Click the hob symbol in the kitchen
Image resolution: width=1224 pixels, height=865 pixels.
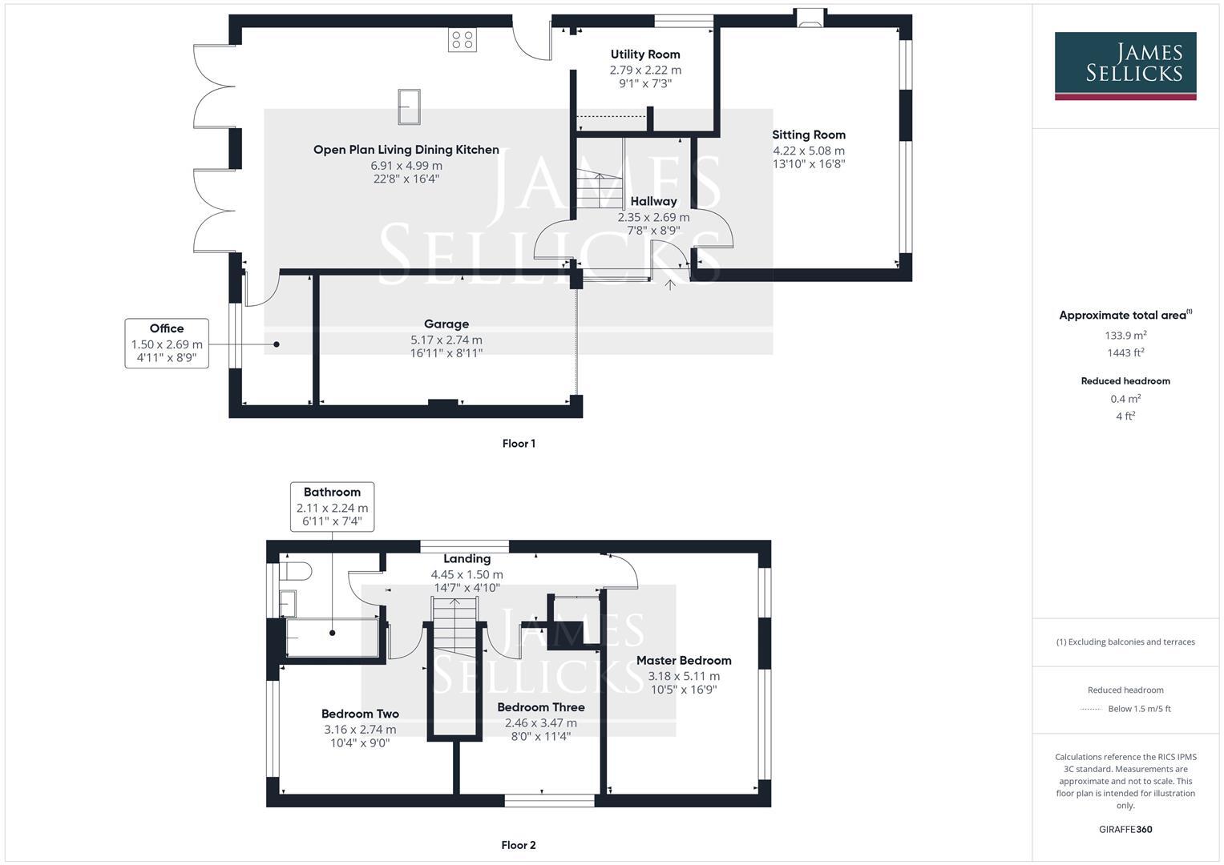pos(463,40)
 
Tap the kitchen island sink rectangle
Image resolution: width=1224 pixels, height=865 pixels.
pos(409,107)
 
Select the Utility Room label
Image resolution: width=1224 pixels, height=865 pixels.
pos(645,54)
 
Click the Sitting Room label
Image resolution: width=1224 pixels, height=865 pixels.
pos(809,135)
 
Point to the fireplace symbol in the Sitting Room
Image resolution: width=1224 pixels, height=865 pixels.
pos(808,20)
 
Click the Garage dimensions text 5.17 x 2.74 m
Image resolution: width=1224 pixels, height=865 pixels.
pos(446,340)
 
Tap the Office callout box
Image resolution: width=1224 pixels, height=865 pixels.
pos(167,343)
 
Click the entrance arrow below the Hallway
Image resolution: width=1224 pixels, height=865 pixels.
pos(670,284)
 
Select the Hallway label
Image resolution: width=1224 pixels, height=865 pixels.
pos(653,201)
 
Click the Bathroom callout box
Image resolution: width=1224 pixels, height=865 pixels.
pos(332,506)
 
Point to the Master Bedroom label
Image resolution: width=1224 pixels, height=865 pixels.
pos(684,661)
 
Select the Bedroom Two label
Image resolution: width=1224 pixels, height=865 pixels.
pos(360,714)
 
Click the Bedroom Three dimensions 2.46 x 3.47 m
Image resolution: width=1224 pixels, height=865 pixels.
pos(541,723)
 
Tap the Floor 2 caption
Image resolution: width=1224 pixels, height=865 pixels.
pos(519,845)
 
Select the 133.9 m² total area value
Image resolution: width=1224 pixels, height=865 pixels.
pos(1125,336)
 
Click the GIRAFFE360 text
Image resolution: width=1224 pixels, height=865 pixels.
pos(1125,829)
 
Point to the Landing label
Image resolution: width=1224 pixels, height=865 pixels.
pos(467,559)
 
